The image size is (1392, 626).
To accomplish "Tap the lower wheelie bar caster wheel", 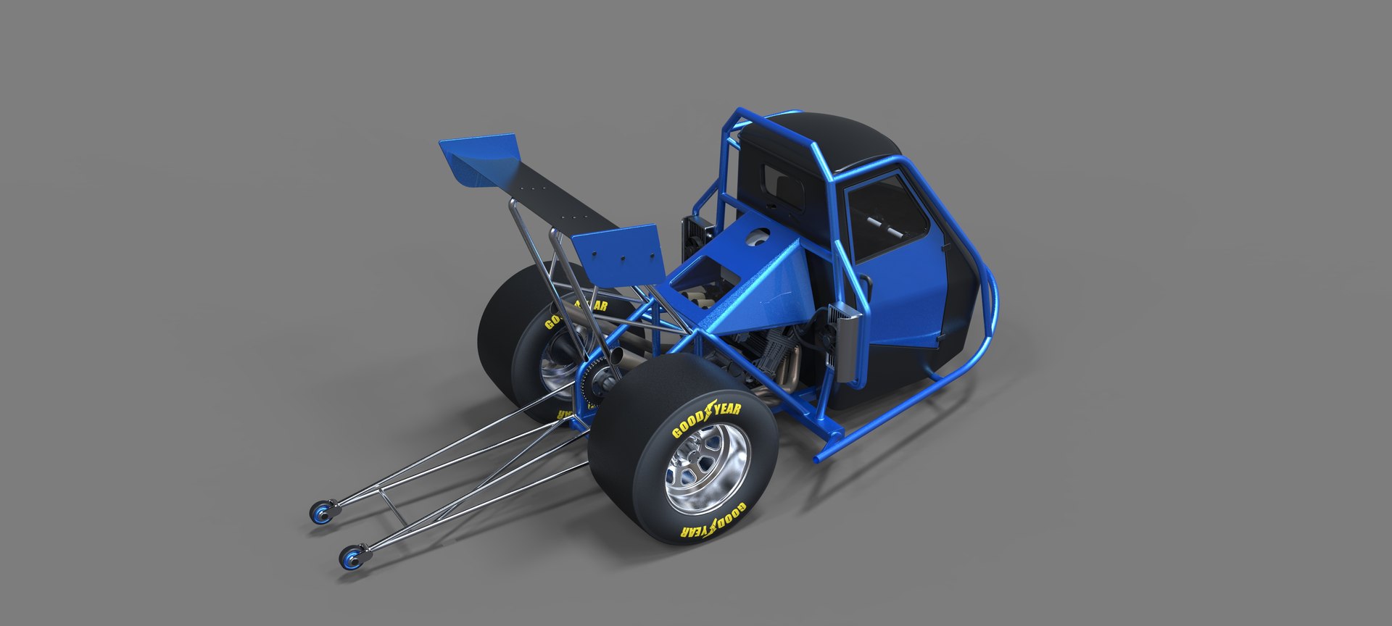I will tap(352, 557).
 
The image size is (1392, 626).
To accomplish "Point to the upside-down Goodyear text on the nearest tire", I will tap(712, 522).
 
